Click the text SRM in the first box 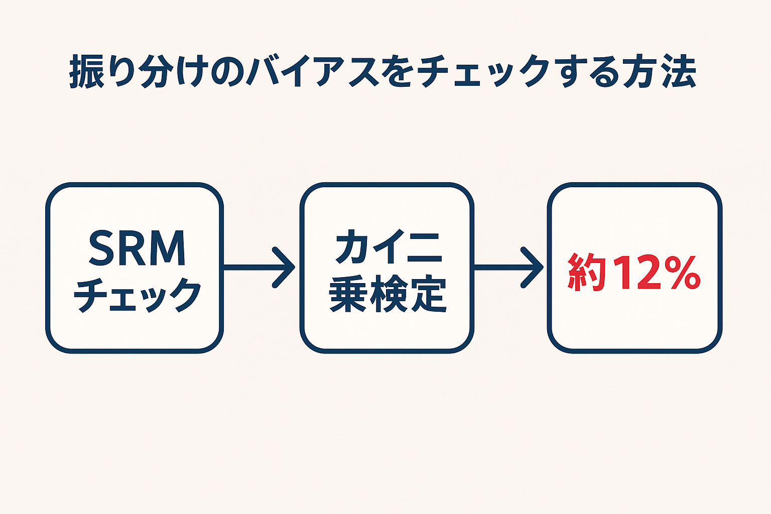[x=137, y=248]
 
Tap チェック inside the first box [x=137, y=296]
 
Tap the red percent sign [x=680, y=274]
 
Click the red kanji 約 [x=586, y=274]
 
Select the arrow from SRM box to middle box [x=261, y=268]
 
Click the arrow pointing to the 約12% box [x=509, y=268]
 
